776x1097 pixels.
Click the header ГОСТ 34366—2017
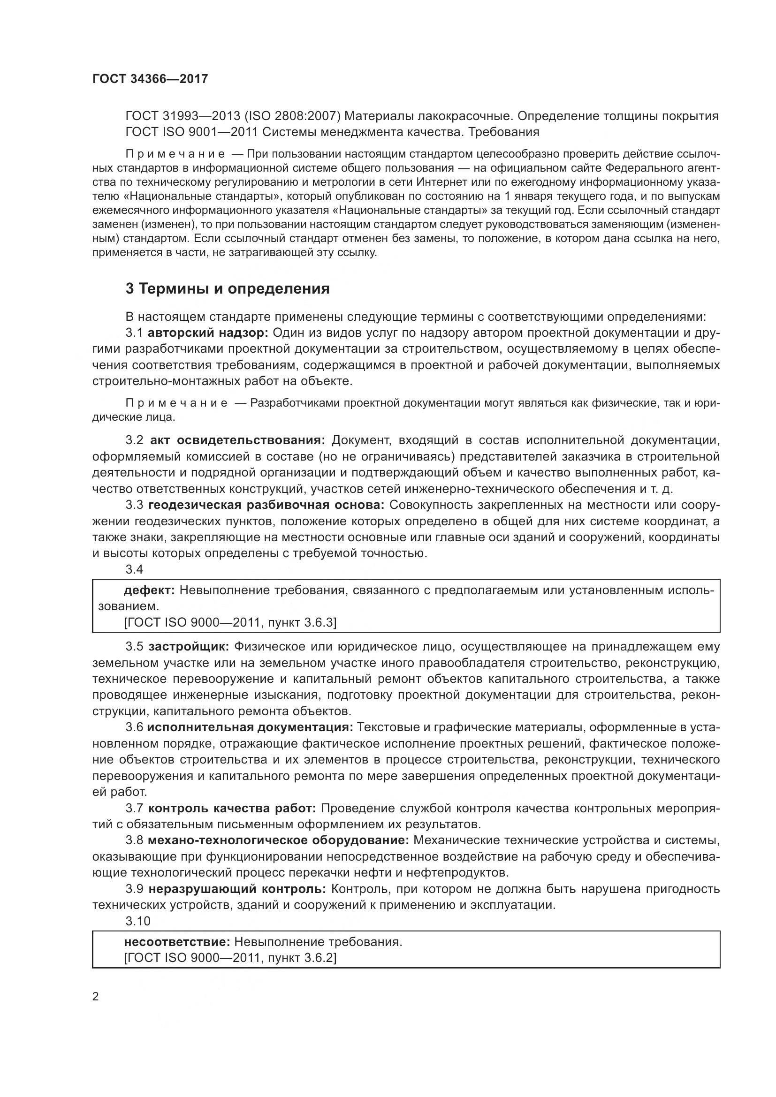pos(150,79)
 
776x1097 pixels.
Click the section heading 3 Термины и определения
pos(228,288)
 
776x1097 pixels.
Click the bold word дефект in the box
pos(149,590)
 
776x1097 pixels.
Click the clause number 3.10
pos(138,921)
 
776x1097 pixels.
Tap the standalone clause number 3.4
pos(134,569)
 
